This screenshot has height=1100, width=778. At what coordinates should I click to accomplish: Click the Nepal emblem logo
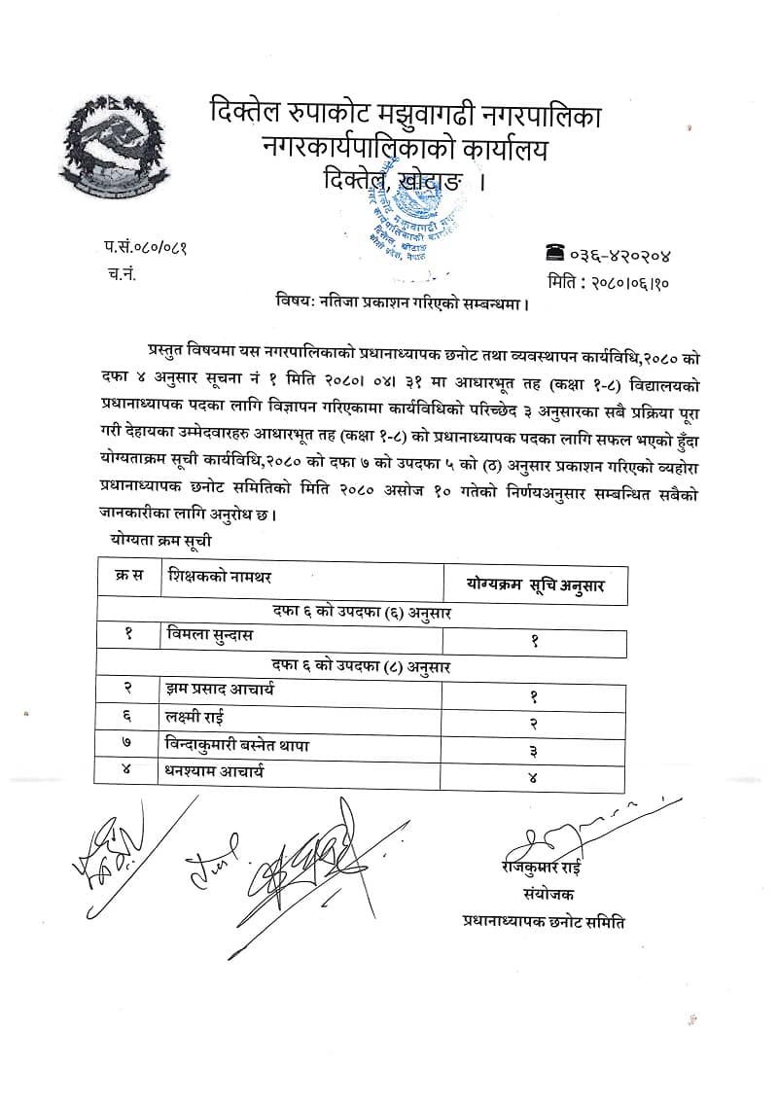114,149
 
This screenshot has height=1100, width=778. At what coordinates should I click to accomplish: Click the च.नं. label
123,274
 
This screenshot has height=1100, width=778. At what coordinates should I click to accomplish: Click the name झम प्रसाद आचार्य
222,692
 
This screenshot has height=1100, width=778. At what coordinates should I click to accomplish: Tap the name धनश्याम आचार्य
216,772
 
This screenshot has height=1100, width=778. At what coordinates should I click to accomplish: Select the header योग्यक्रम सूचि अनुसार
535,584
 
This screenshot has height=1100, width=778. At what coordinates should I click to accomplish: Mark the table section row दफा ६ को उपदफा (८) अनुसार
361,666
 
